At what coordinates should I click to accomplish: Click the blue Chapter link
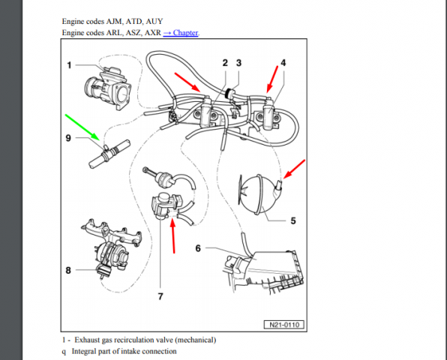point(183,33)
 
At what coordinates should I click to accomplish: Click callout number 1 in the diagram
point(69,65)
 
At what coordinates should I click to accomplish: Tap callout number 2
point(224,63)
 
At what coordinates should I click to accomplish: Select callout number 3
point(238,63)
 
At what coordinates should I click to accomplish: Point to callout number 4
point(283,63)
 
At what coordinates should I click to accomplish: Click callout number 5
point(292,221)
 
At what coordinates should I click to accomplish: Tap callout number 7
point(159,295)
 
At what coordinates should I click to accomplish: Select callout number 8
point(69,271)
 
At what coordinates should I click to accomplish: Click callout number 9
point(69,138)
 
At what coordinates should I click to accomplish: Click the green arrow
point(83,127)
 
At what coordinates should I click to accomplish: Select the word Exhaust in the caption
point(91,340)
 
